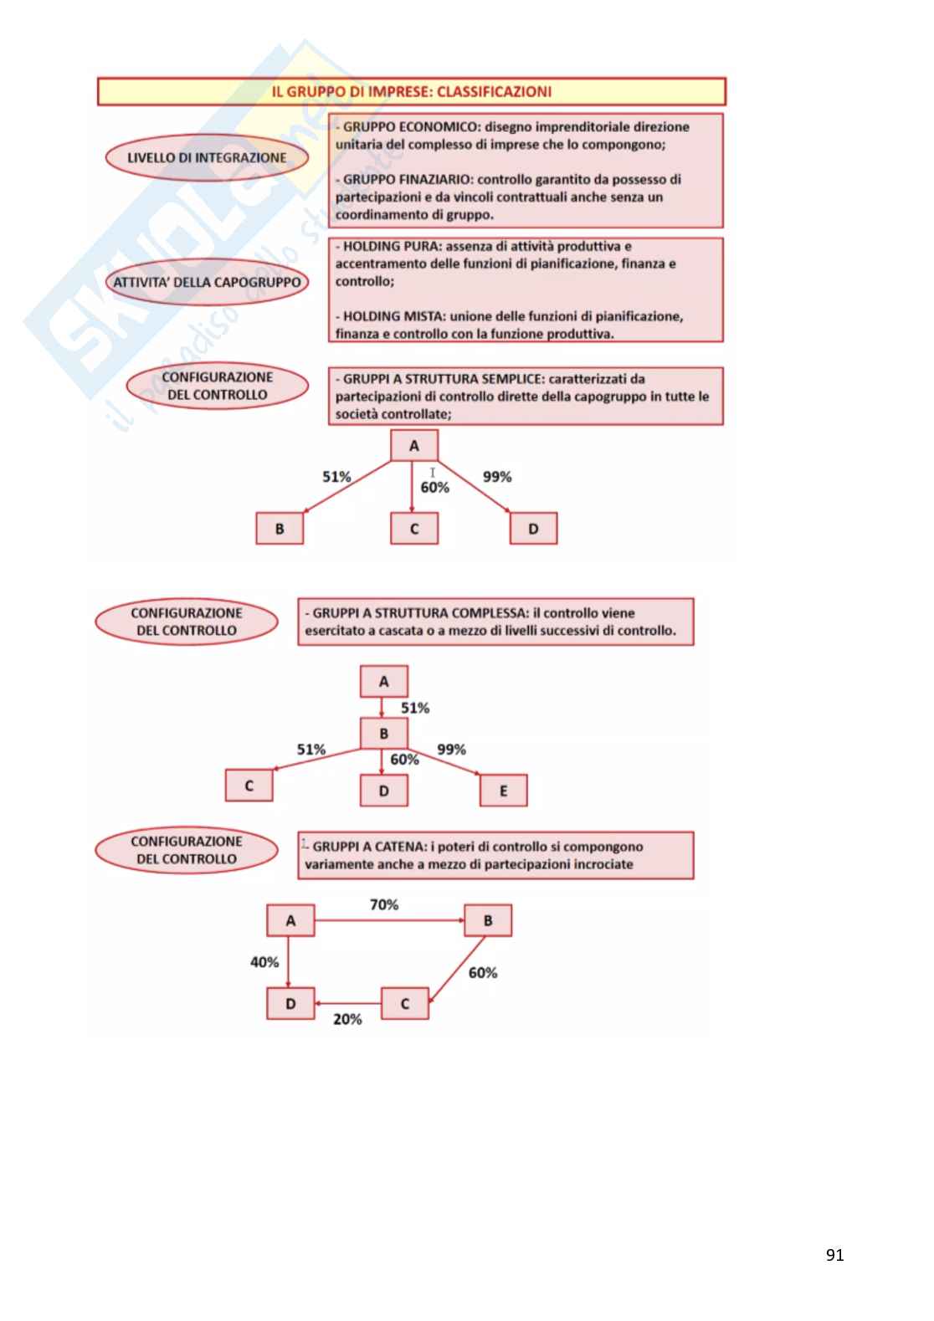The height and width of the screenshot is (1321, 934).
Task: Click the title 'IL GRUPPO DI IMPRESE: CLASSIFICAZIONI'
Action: coord(411,92)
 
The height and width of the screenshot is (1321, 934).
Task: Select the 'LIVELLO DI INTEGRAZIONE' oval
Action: coord(206,157)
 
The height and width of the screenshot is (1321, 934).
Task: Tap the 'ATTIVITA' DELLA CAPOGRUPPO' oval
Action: coord(207,282)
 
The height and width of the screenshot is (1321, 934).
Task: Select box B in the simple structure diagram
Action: coord(280,529)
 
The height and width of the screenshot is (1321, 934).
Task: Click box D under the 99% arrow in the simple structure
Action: coord(533,529)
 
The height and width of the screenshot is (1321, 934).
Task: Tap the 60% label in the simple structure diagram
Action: coord(434,487)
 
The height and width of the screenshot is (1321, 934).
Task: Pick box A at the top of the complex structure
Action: coord(383,682)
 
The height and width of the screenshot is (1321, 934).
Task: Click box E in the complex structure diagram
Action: coord(503,791)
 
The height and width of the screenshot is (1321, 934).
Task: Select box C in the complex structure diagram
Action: coord(249,786)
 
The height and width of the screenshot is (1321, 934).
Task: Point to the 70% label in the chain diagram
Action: coord(384,904)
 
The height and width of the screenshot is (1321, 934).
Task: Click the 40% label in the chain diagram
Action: coord(264,962)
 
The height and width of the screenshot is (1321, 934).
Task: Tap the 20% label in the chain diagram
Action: coord(347,1019)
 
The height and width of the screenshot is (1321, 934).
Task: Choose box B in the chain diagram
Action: coord(488,920)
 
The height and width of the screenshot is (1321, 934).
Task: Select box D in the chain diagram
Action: coord(290,1003)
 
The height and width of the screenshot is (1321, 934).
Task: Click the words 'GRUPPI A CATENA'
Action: coord(369,847)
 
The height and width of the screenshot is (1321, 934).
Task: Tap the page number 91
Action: coord(834,1255)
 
